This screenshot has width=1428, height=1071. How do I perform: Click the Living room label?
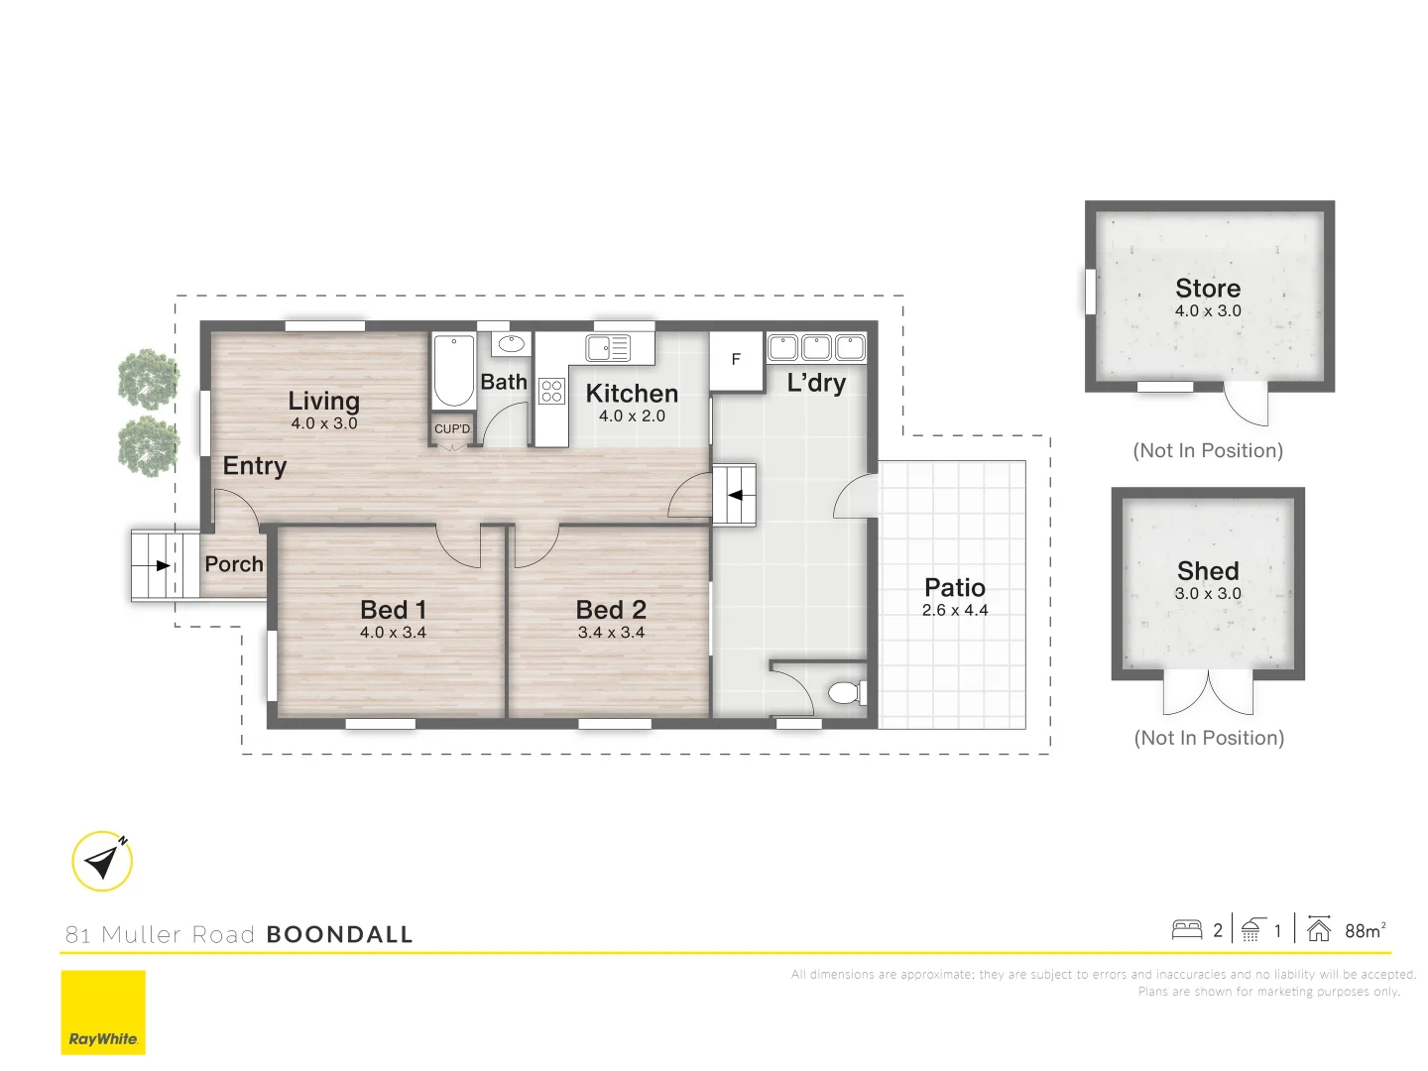[x=323, y=401]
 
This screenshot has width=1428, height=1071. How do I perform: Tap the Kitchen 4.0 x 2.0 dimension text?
[x=632, y=416]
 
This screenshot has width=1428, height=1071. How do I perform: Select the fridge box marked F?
[x=736, y=360]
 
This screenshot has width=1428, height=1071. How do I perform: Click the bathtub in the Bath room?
[x=453, y=372]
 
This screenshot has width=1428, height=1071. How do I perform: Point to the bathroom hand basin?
[x=511, y=344]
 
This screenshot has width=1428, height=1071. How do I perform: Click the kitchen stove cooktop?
[x=551, y=391]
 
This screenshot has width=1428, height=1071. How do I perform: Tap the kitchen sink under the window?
[x=608, y=348]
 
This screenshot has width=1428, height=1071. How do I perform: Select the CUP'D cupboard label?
[x=452, y=429]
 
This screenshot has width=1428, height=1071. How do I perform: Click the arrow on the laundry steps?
[x=735, y=494]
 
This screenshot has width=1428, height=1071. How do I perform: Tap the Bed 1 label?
[x=393, y=609]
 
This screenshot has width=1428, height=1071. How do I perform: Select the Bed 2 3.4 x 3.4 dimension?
[x=611, y=633]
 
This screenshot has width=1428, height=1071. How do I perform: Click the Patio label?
[x=954, y=587]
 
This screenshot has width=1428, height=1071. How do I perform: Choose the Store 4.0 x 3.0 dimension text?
[x=1208, y=311]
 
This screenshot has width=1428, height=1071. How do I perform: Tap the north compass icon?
[x=102, y=861]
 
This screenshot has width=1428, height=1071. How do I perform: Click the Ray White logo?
[x=103, y=1011]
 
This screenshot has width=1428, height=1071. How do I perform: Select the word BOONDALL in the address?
[x=339, y=934]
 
